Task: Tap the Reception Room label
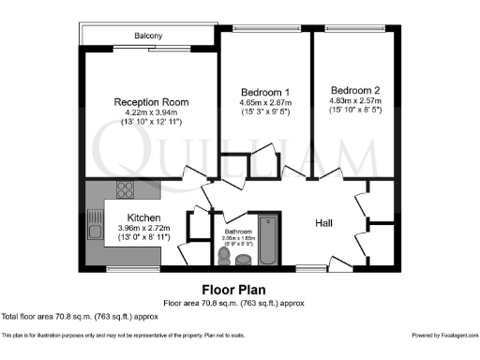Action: [x=152, y=101]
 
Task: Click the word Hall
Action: [x=324, y=223]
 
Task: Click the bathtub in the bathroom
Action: [x=267, y=241]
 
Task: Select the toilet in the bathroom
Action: [x=223, y=256]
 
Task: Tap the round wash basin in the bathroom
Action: [x=244, y=258]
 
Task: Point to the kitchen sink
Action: [x=94, y=226]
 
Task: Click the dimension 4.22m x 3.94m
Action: [x=151, y=113]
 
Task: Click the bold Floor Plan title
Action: [x=239, y=290]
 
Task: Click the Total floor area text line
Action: [x=80, y=316]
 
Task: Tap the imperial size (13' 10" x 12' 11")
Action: [x=151, y=125]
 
